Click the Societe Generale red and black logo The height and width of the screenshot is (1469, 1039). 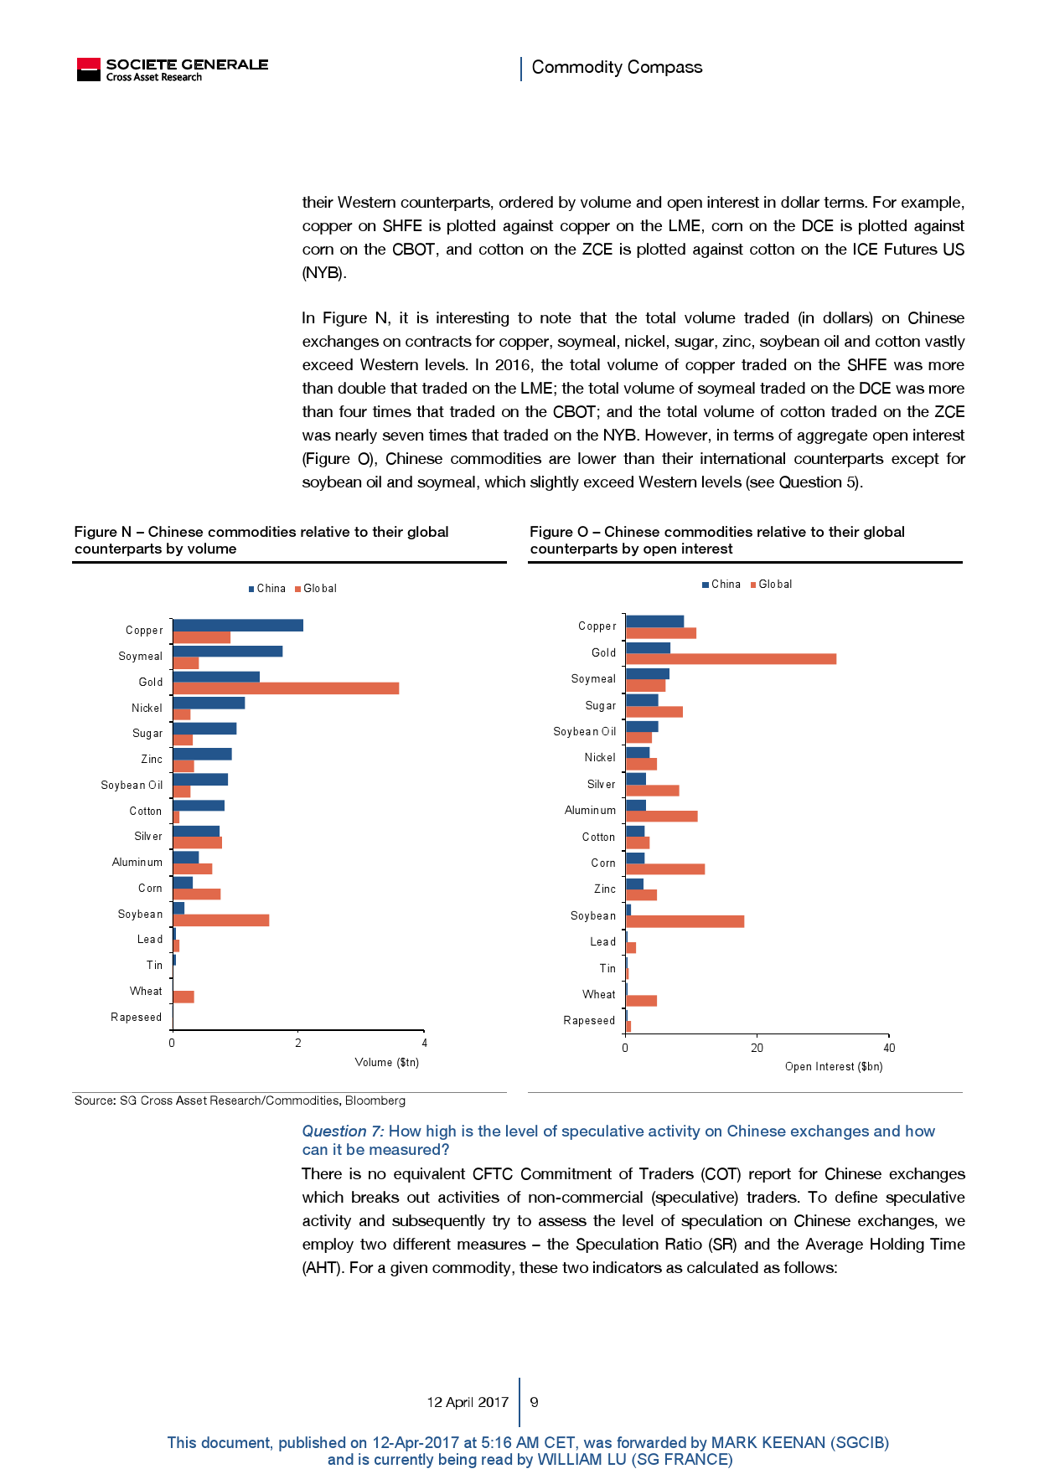click(x=88, y=70)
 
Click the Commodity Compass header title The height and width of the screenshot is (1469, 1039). click(x=617, y=67)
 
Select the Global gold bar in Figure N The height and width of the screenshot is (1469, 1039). click(x=286, y=688)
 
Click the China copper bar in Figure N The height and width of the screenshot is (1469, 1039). click(x=238, y=625)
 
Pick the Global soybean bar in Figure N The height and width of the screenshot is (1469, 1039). click(x=220, y=920)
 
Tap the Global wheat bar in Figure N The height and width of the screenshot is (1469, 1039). click(x=184, y=997)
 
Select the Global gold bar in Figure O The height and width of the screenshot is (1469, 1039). click(x=731, y=659)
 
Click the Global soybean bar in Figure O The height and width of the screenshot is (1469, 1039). click(x=685, y=921)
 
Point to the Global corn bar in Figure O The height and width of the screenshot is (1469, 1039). click(x=665, y=869)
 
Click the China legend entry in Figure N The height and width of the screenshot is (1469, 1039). click(x=267, y=589)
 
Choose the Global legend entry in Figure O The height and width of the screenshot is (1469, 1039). click(x=771, y=585)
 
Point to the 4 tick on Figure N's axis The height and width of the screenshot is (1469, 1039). click(x=425, y=1043)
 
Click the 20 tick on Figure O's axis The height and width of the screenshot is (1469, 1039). click(x=757, y=1048)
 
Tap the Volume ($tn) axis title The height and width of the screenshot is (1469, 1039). click(x=386, y=1062)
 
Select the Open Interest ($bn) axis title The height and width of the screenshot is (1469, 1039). click(x=833, y=1066)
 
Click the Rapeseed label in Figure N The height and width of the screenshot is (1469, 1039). click(x=137, y=1017)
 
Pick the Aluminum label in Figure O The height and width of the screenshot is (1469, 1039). click(x=590, y=810)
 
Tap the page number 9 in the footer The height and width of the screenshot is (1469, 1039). click(x=535, y=1402)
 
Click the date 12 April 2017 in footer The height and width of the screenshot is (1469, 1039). click(x=468, y=1402)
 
